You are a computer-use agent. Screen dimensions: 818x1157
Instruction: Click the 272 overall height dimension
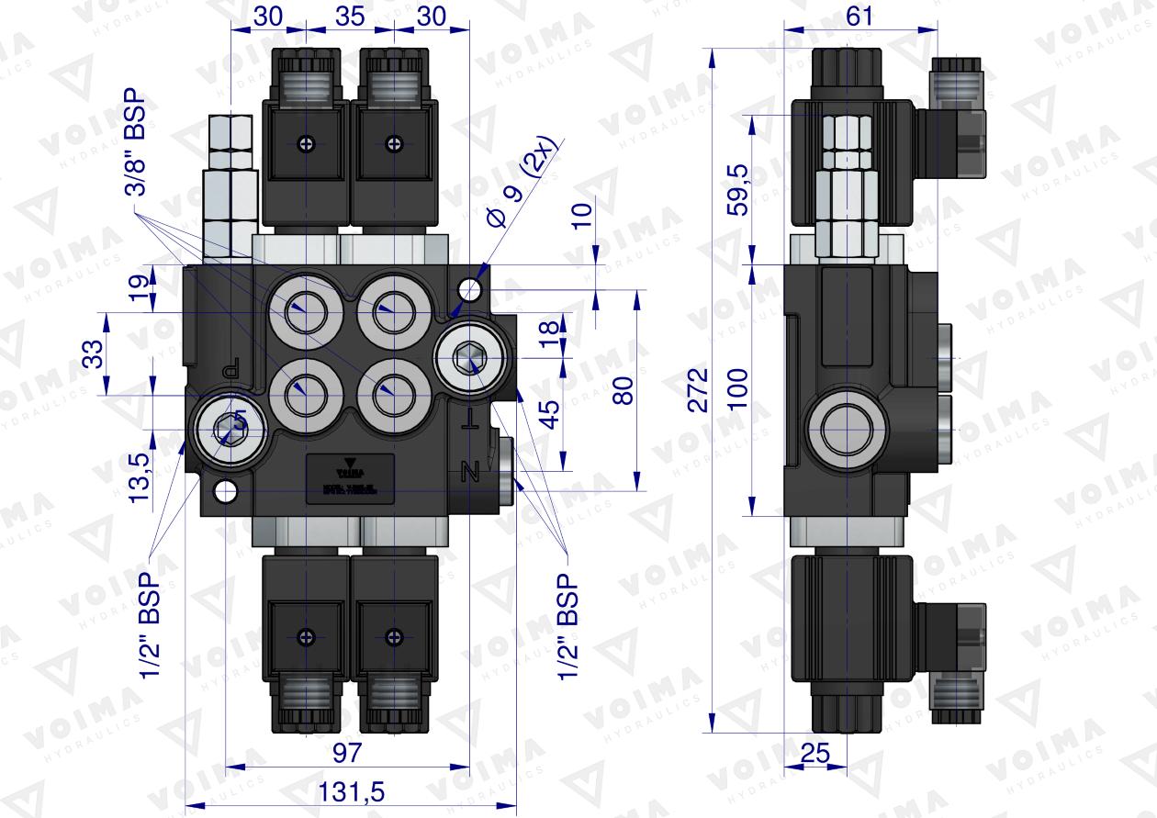pos(699,391)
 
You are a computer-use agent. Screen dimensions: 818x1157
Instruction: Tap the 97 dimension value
pos(346,753)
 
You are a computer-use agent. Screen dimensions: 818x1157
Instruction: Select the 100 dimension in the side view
pos(737,390)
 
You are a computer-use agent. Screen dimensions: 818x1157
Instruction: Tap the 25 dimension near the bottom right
pos(814,753)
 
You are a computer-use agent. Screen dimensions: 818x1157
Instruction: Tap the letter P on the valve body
pos(230,369)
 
